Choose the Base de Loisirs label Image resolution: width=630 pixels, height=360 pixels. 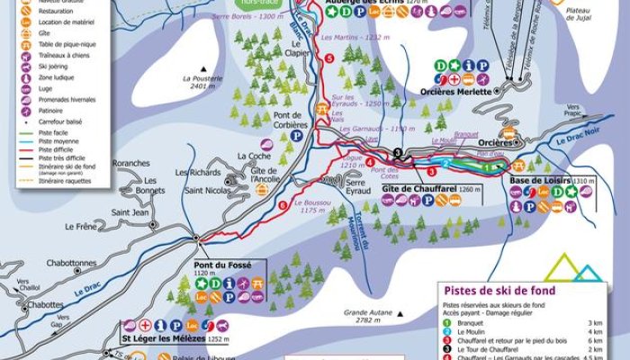[537, 180]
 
